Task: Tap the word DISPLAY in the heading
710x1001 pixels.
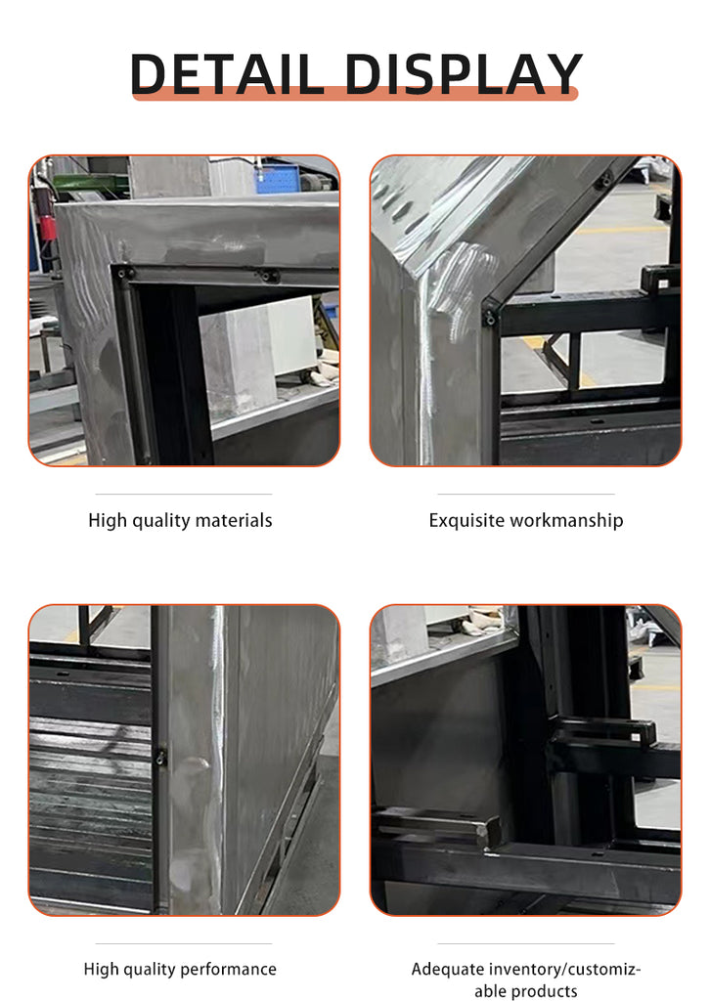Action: pos(464,74)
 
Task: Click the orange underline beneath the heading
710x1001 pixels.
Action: pos(355,93)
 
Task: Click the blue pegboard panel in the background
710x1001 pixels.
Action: pos(277,178)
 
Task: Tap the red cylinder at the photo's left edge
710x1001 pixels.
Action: pos(48,227)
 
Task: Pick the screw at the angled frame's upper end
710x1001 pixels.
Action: pos(602,182)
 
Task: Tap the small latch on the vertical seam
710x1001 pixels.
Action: pos(160,758)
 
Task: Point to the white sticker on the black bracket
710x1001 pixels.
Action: pos(637,737)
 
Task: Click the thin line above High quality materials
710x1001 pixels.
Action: pos(184,494)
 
